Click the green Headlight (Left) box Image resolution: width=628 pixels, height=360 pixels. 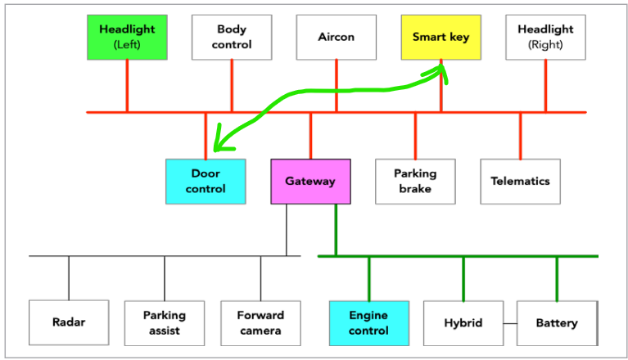127,37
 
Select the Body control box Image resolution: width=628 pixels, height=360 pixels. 232,37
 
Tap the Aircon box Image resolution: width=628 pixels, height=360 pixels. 336,37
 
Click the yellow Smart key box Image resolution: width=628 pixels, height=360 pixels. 441,37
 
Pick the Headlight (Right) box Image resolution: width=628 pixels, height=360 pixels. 545,37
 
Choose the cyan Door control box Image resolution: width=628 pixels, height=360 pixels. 205,181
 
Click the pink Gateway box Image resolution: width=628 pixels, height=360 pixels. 310,181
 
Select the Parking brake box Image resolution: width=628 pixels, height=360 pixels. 415,181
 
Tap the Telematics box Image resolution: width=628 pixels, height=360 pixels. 520,181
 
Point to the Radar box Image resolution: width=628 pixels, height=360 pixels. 69,322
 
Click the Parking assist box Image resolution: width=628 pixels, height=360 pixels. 165,322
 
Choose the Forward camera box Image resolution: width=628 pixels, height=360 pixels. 260,322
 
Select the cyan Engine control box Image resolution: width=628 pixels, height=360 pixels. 368,322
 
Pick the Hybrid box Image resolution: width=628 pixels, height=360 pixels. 463,322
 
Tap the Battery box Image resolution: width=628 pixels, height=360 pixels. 557,322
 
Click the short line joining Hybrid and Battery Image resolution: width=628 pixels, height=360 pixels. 509,323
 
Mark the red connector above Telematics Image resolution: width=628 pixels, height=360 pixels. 520,136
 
